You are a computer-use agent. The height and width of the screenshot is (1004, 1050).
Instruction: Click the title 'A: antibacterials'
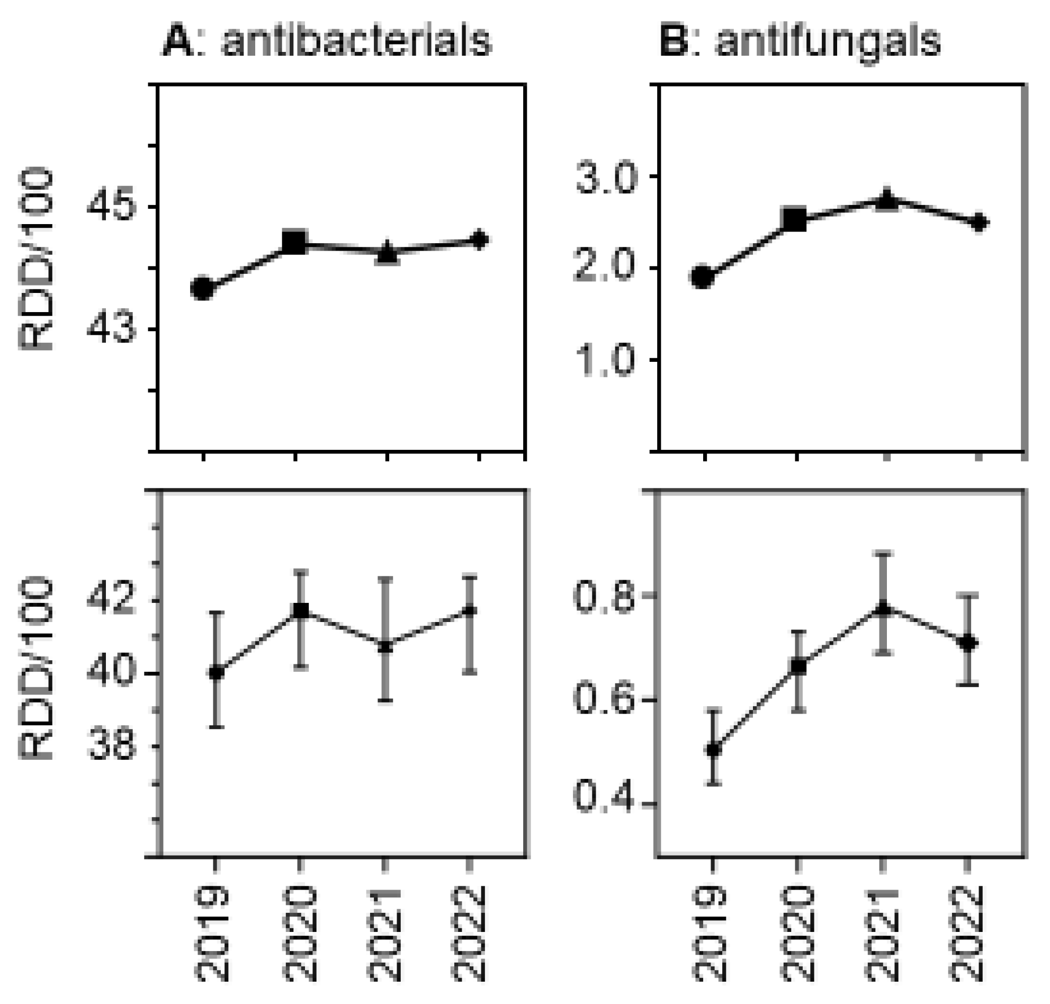(327, 41)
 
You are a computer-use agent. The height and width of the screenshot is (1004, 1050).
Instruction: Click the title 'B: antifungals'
(800, 41)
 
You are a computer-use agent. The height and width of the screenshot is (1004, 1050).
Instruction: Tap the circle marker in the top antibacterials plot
(203, 289)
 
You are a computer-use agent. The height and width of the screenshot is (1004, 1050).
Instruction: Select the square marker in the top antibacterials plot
(294, 243)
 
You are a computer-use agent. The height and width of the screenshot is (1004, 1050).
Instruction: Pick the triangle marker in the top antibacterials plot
(387, 253)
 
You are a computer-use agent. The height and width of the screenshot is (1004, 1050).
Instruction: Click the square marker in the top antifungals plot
(794, 219)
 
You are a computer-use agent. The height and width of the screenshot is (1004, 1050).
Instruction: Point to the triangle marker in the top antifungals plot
(886, 200)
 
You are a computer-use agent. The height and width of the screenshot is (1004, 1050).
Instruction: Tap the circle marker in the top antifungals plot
(703, 277)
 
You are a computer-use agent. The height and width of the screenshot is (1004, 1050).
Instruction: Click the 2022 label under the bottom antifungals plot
(967, 934)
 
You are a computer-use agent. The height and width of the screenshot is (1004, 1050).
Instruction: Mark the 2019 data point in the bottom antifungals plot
(713, 750)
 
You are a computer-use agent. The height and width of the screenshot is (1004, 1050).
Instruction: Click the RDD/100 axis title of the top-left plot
(36, 259)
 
